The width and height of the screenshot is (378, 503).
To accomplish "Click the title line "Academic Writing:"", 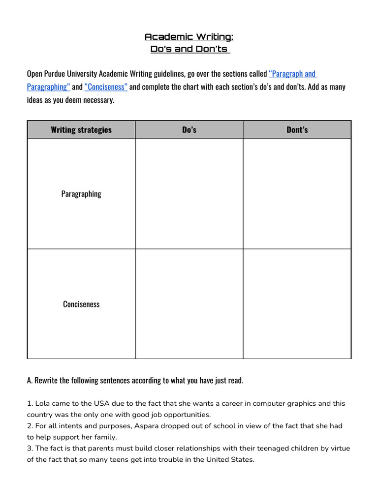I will click(189, 37).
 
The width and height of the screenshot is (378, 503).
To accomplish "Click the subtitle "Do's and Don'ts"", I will click(189, 49).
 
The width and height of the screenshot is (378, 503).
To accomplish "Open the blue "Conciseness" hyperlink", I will click(106, 87).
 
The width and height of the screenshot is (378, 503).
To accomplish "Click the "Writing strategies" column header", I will click(81, 130).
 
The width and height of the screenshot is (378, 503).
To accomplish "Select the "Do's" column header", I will click(189, 130).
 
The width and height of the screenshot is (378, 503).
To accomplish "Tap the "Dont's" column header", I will click(297, 130).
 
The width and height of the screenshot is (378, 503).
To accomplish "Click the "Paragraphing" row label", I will click(81, 194).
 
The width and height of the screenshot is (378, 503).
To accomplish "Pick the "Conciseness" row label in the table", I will click(81, 304).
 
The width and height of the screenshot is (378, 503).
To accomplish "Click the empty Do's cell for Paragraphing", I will click(189, 194).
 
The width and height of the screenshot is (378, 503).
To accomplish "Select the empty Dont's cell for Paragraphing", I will click(297, 194).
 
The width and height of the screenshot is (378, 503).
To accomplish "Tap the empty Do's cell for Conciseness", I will click(189, 304).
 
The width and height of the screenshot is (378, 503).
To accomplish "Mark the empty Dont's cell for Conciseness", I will click(297, 304).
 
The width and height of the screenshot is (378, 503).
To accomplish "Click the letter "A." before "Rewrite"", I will click(31, 381).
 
